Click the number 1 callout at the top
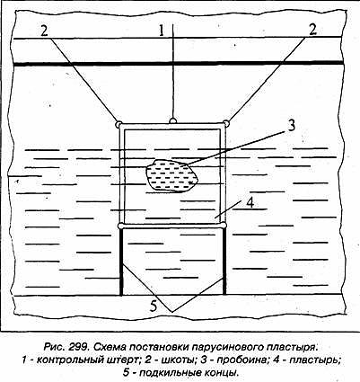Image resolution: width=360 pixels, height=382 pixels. pos(162,31)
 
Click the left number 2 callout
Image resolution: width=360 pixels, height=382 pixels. pos(44,31)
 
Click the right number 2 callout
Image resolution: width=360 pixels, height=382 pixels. pos(312,30)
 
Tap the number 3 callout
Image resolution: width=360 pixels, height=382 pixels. pos(291,125)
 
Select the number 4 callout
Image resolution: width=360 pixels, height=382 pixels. pos(250,202)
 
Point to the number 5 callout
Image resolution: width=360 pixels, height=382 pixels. pos(154,306)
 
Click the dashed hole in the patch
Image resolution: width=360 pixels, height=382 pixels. pos(172,175)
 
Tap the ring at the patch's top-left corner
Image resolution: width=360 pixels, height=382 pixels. pos(119,124)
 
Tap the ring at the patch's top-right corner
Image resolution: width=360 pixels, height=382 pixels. pos(226,123)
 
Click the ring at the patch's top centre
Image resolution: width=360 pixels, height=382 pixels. pos(172,120)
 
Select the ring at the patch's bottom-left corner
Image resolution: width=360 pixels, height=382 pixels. pos(120,226)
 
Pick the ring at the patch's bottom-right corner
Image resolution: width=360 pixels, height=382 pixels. pos(224,226)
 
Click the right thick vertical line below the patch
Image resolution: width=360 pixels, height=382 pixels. pos(224,262)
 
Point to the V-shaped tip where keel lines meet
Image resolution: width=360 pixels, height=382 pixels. pos(171,312)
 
